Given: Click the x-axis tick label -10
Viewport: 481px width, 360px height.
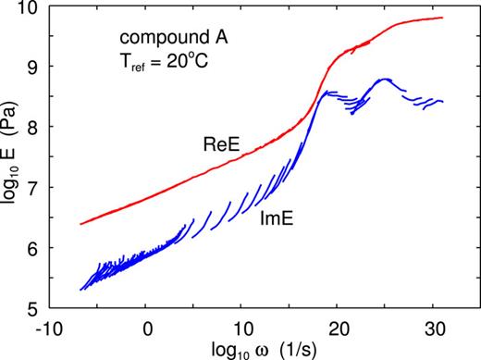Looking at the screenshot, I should tap(50, 326).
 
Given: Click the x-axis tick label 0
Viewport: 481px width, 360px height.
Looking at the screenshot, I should tap(147, 326).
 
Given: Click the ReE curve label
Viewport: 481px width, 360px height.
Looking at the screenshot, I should tap(221, 143).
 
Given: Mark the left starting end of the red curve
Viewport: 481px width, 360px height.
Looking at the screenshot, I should tap(81, 224).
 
